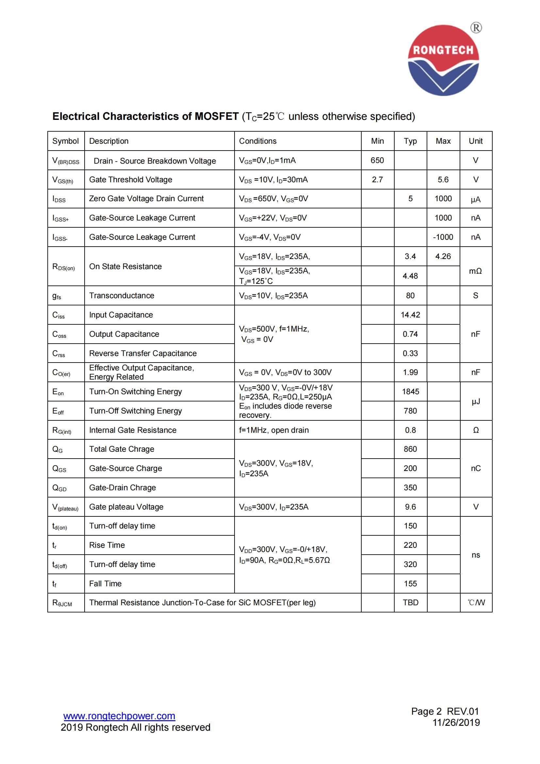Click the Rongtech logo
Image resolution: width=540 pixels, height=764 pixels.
(443, 60)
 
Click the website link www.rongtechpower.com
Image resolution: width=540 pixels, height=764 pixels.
(119, 716)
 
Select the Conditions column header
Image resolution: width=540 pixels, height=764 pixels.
(257, 141)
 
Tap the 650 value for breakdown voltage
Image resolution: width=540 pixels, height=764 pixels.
(377, 160)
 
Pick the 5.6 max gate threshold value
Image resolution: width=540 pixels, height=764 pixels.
(443, 180)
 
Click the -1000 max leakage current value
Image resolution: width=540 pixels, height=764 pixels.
(443, 237)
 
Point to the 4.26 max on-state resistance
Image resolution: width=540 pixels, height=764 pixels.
(443, 256)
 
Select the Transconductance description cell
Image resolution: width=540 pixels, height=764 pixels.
(122, 296)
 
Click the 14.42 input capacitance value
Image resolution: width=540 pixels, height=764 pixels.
(410, 315)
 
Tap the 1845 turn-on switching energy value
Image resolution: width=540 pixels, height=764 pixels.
(410, 392)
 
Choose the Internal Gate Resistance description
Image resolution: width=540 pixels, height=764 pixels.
(132, 430)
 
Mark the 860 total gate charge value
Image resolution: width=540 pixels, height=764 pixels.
(410, 449)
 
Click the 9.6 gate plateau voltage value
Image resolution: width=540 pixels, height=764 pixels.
(410, 507)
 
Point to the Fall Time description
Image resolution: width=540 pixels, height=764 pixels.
(105, 583)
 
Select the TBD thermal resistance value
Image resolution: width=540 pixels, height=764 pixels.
(410, 602)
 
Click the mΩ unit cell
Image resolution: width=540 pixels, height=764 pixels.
(475, 271)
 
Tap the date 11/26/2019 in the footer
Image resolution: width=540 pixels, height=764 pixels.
(456, 723)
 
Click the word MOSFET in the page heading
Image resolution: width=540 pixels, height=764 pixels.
(217, 116)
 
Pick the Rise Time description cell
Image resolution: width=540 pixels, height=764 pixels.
(107, 545)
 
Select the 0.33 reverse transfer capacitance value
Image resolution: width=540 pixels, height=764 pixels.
(410, 353)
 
